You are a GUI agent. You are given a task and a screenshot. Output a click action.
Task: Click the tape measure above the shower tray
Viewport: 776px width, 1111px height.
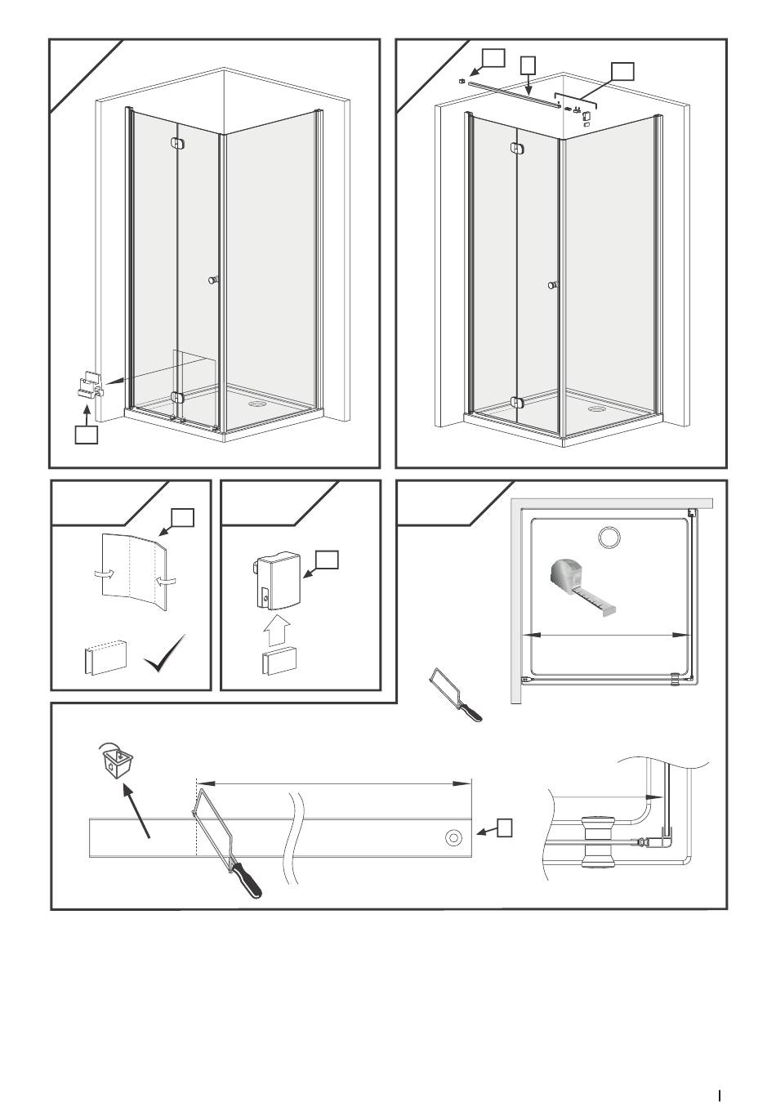coord(584,582)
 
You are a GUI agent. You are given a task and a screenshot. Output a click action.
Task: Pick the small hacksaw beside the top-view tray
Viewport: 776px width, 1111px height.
coord(455,694)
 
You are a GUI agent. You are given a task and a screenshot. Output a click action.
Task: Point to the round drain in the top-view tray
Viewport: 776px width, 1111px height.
coord(609,537)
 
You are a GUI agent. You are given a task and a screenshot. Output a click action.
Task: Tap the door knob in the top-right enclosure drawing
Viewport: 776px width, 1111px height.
coord(553,285)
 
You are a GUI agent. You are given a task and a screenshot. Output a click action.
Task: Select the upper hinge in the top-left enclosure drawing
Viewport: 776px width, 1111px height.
coord(178,144)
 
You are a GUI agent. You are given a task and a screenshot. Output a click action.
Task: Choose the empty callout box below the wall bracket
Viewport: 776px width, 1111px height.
coord(87,435)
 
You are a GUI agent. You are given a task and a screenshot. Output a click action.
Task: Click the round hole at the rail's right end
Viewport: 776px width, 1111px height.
coord(453,838)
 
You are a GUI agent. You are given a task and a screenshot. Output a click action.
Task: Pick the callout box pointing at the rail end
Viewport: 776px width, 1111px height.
coord(506,828)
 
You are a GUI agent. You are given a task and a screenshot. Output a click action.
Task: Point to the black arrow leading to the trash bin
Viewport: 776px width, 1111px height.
coord(137,810)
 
